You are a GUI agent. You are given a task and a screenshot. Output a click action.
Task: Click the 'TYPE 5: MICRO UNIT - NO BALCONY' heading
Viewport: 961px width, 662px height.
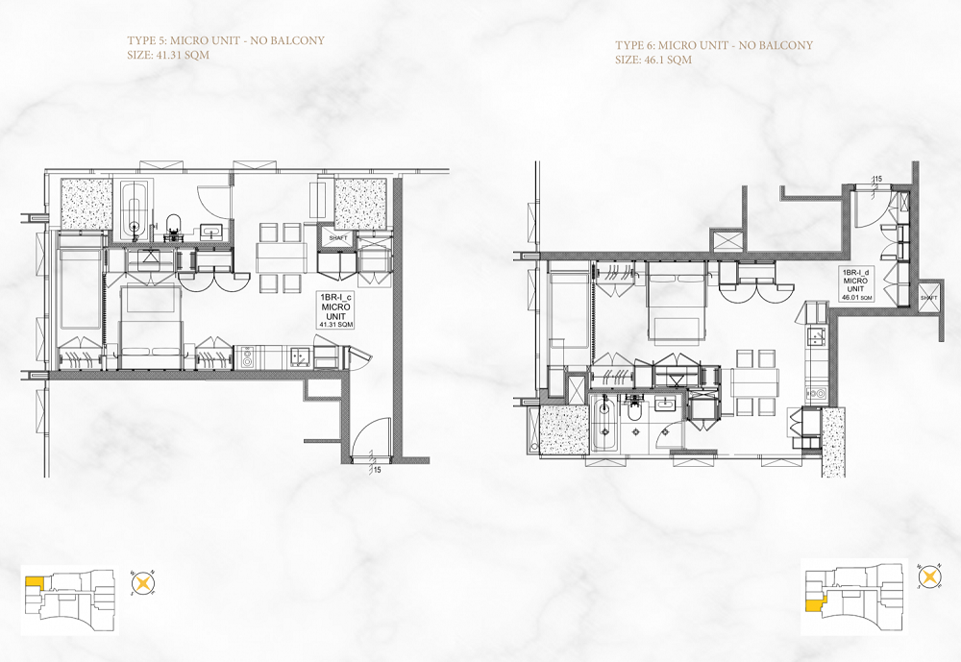[226, 41]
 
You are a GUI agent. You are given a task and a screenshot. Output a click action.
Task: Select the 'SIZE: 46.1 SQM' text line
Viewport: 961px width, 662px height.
[653, 60]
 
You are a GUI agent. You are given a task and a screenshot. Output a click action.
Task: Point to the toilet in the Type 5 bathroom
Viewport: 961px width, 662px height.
[174, 226]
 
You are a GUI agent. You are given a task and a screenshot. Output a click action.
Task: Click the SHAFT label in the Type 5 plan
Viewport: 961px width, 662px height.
[338, 237]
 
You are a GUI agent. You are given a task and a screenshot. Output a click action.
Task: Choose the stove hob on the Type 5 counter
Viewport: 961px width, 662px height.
[249, 358]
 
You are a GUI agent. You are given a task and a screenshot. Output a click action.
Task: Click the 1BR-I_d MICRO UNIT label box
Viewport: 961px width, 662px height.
[856, 284]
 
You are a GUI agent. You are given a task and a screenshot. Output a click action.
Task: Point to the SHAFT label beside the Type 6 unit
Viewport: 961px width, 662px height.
[928, 298]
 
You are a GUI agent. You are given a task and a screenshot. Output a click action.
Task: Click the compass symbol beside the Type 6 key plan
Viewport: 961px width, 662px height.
[929, 577]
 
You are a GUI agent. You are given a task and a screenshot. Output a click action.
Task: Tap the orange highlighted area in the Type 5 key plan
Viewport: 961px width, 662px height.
[34, 582]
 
